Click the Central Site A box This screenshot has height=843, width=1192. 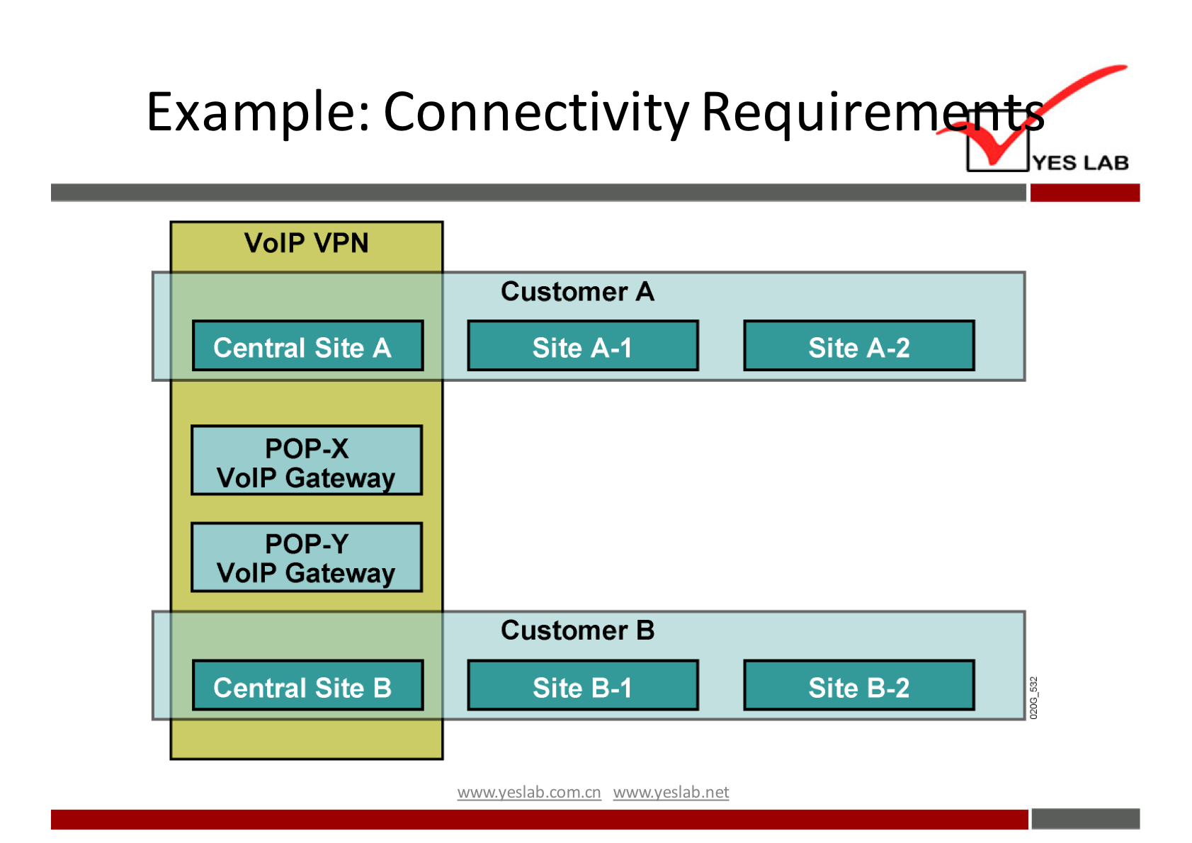[x=307, y=346]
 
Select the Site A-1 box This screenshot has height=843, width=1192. [x=582, y=346]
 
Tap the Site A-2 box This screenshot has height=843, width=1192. [x=858, y=346]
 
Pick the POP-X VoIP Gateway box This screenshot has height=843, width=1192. [x=306, y=460]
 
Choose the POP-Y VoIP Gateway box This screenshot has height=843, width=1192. [x=306, y=557]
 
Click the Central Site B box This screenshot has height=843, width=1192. [x=307, y=685]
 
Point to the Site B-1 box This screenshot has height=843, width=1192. [x=582, y=685]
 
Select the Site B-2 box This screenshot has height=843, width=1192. [x=858, y=685]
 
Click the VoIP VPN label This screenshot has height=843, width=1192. [x=306, y=243]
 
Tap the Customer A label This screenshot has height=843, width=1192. [x=577, y=291]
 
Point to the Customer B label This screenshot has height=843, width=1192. [x=577, y=630]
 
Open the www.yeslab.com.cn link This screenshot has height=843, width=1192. [x=528, y=792]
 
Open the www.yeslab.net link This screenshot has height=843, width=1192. [x=671, y=792]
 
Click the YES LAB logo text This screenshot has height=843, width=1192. [x=1080, y=163]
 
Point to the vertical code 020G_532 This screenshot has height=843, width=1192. [x=1033, y=698]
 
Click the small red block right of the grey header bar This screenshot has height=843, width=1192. [x=1084, y=193]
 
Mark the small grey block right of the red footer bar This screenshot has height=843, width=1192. [x=1085, y=819]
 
